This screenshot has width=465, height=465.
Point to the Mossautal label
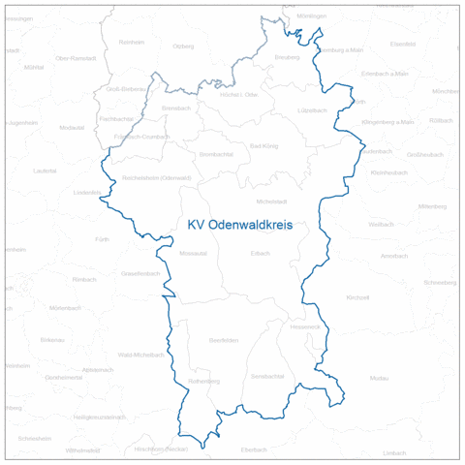coord(193,255)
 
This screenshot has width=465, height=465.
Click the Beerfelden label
coord(223,340)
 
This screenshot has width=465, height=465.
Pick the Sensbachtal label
coord(266,375)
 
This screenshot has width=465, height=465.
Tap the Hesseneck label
coord(304,326)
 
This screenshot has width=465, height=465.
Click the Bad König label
coord(263,146)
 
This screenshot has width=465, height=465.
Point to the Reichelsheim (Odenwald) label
coord(157,178)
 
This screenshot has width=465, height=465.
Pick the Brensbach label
coord(177,108)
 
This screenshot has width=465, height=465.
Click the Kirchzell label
coord(357,297)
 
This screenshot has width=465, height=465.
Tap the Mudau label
coord(379,377)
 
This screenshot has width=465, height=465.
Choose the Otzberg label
coord(183,46)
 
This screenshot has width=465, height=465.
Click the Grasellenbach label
coord(141,274)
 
